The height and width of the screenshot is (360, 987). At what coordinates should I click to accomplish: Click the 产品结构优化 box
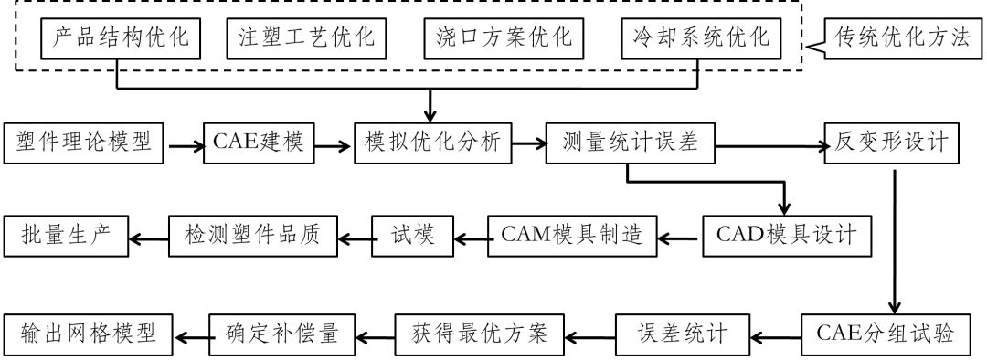tap(118, 40)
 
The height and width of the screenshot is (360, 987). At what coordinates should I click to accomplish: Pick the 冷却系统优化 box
tap(701, 40)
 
